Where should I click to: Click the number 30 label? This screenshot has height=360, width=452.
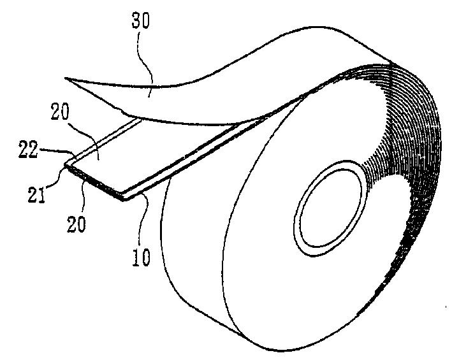pos(141,21)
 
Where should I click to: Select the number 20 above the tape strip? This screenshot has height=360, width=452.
pos(60,112)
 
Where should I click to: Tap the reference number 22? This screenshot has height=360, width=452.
pos(28,150)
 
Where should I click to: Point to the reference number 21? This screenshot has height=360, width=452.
pos(36,195)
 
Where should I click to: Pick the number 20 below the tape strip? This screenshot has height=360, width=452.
pos(77,224)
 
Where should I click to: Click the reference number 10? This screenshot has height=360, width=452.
pos(142,257)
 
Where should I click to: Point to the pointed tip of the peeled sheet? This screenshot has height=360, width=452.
pos(66,78)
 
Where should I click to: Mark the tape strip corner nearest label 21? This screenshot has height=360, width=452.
pos(66,165)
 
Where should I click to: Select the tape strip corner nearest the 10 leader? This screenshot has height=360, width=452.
pos(124,199)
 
